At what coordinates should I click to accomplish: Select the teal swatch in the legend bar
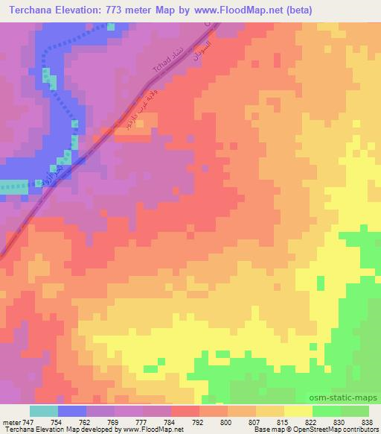(x=44, y=411)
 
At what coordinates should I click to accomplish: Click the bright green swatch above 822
(x=326, y=411)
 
